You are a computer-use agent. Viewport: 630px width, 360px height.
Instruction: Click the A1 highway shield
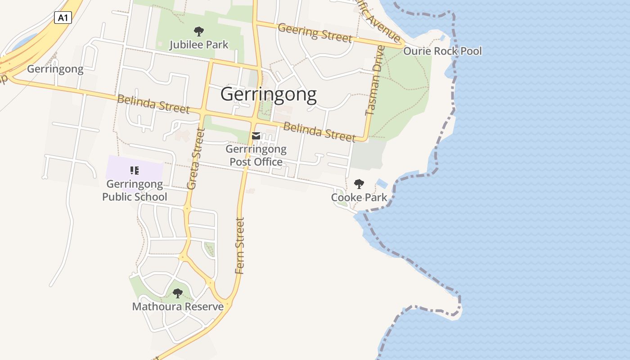click(63, 18)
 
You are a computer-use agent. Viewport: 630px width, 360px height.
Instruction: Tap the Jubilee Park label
click(199, 45)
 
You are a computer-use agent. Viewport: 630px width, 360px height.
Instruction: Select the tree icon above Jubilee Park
click(198, 31)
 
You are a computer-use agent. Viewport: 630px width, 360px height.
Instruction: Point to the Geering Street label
click(315, 32)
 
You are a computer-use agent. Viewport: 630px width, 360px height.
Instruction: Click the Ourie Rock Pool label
click(442, 51)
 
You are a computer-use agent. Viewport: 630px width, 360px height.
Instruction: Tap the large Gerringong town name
click(269, 94)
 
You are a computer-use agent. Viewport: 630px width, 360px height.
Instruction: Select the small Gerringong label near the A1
click(55, 69)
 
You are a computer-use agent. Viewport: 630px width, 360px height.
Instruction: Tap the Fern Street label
click(240, 246)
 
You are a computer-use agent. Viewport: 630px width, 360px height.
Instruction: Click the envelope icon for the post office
click(256, 136)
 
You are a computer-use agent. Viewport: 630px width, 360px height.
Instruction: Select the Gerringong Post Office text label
click(256, 155)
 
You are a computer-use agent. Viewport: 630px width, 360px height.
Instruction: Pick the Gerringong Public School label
click(135, 190)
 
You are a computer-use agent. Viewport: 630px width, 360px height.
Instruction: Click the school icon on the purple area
click(134, 170)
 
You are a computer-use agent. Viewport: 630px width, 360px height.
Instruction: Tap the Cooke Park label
click(359, 197)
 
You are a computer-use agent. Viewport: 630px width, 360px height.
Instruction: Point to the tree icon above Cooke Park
click(359, 184)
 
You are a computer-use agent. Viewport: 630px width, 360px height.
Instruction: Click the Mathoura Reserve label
click(178, 306)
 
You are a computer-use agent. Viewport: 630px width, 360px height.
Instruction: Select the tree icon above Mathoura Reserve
click(178, 293)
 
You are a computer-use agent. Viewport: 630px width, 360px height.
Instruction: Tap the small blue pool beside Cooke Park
click(382, 184)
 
